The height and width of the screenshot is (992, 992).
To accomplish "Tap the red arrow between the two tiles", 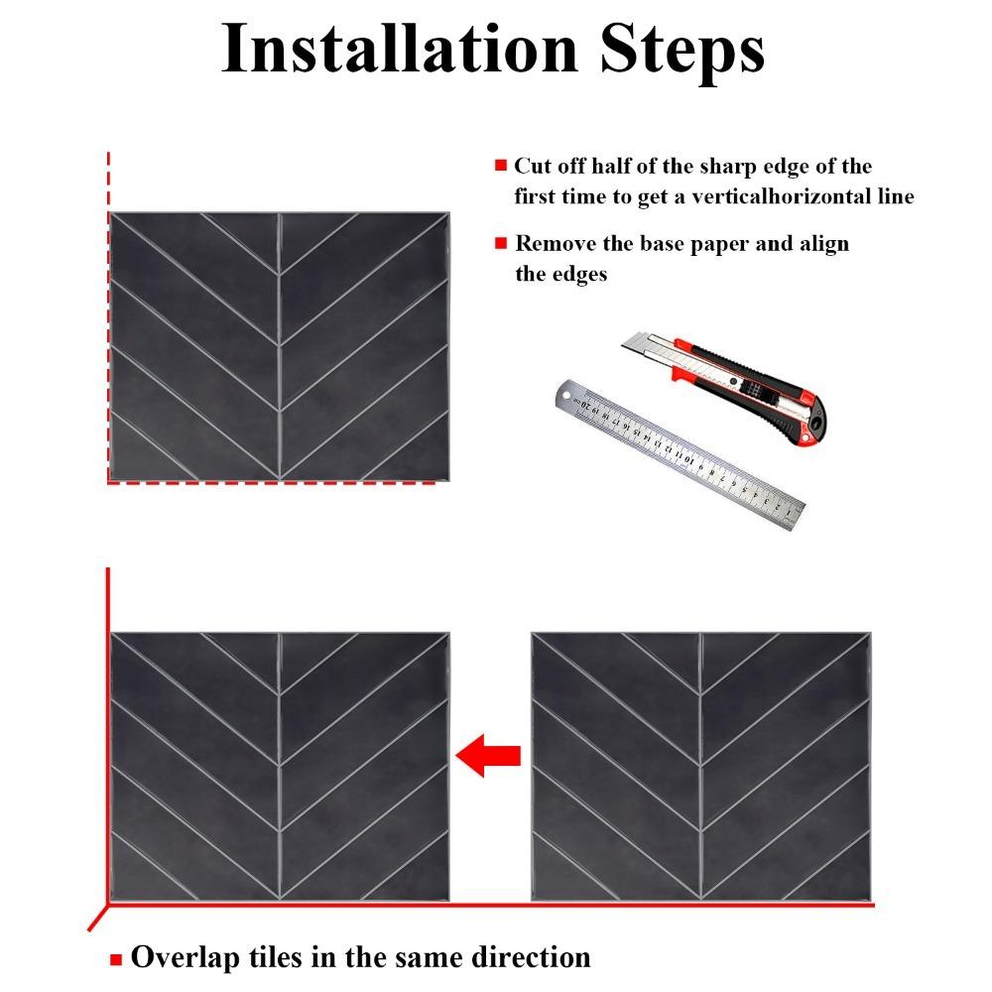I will click(488, 756).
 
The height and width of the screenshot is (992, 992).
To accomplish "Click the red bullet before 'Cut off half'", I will click(501, 167).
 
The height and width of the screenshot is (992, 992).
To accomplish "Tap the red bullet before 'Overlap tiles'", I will click(116, 959).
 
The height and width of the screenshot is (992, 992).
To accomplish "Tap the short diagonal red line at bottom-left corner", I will click(97, 919).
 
